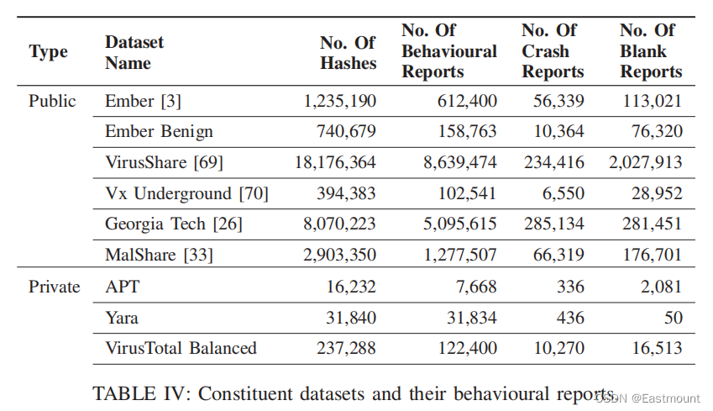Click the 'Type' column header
click(x=48, y=52)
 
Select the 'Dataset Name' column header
click(x=134, y=52)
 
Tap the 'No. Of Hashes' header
click(x=348, y=53)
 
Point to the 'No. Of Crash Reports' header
click(x=553, y=51)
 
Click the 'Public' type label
click(x=52, y=101)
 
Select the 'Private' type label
click(x=54, y=287)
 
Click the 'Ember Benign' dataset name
click(x=159, y=132)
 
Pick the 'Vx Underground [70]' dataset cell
click(x=187, y=193)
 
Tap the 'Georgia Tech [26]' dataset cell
click(x=174, y=224)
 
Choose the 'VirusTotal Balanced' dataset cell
click(x=181, y=348)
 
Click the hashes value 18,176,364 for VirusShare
click(x=335, y=162)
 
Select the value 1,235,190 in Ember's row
click(x=339, y=101)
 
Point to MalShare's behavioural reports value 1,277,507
click(x=459, y=255)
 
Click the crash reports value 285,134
click(x=553, y=224)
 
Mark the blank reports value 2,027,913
click(x=646, y=162)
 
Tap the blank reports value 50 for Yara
click(x=673, y=318)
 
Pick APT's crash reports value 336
click(x=571, y=287)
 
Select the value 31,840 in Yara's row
click(x=351, y=318)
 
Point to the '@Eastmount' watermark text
click(x=666, y=398)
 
